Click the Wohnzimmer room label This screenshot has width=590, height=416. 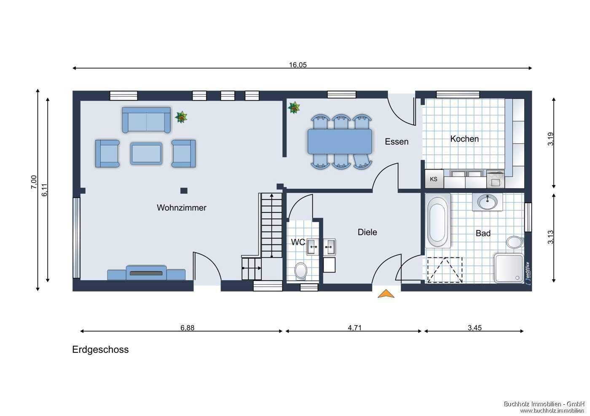click(x=182, y=208)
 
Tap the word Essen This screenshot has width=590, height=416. click(x=397, y=142)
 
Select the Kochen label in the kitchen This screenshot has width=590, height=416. click(x=464, y=139)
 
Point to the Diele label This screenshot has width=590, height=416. click(x=367, y=232)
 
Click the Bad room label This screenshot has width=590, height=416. click(x=483, y=233)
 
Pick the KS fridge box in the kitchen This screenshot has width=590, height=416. click(x=434, y=179)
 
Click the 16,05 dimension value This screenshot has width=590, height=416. click(x=298, y=65)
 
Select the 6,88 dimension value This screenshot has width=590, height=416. click(x=187, y=328)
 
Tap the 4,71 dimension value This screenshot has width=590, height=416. click(x=354, y=328)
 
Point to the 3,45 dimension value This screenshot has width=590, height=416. click(x=475, y=328)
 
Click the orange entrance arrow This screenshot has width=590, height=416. click(x=386, y=294)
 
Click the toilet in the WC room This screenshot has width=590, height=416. click(x=300, y=270)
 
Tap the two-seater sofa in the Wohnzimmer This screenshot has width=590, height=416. click(x=146, y=119)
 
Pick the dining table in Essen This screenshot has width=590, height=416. click(x=340, y=141)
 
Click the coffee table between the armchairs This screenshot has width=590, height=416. click(x=146, y=154)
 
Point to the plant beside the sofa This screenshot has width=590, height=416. click(x=181, y=117)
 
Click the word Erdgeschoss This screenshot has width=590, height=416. click(x=100, y=350)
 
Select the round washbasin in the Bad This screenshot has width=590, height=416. click(x=487, y=202)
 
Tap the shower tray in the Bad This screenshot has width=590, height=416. click(x=509, y=268)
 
